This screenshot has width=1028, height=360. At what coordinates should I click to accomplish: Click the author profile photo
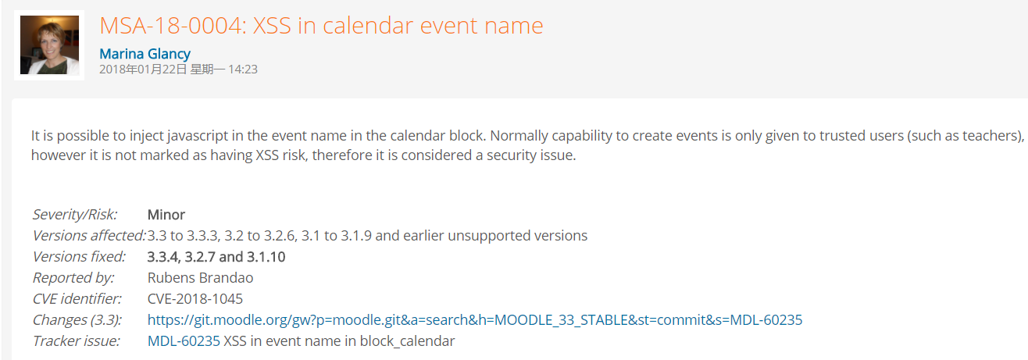pyautogui.click(x=49, y=45)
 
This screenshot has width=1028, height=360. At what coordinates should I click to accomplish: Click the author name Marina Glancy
pyautogui.click(x=145, y=54)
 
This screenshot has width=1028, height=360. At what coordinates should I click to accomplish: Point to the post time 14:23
pyautogui.click(x=243, y=70)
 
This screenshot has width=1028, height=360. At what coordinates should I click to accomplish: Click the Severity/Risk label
pyautogui.click(x=75, y=215)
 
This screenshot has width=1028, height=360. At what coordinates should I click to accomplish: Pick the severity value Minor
pyautogui.click(x=166, y=215)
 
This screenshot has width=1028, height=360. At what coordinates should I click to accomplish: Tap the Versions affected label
pyautogui.click(x=89, y=236)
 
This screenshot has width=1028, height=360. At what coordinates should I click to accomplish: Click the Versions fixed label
pyautogui.click(x=79, y=257)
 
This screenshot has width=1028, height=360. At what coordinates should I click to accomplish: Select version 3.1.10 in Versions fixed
pyautogui.click(x=266, y=257)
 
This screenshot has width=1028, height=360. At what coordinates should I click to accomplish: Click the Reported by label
pyautogui.click(x=73, y=278)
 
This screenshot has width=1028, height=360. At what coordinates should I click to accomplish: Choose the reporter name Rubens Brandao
pyautogui.click(x=200, y=278)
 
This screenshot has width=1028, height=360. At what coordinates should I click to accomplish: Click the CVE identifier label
pyautogui.click(x=77, y=299)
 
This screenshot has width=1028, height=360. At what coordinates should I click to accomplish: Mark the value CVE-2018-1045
pyautogui.click(x=195, y=299)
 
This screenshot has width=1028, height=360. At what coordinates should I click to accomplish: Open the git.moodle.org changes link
pyautogui.click(x=475, y=320)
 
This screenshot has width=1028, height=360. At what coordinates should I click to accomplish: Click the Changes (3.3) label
pyautogui.click(x=77, y=320)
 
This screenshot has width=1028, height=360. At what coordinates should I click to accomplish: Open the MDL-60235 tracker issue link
pyautogui.click(x=184, y=341)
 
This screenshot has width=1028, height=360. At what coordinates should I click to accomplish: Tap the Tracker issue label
pyautogui.click(x=77, y=341)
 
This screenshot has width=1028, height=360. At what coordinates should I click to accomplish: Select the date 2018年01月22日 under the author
pyautogui.click(x=143, y=70)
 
